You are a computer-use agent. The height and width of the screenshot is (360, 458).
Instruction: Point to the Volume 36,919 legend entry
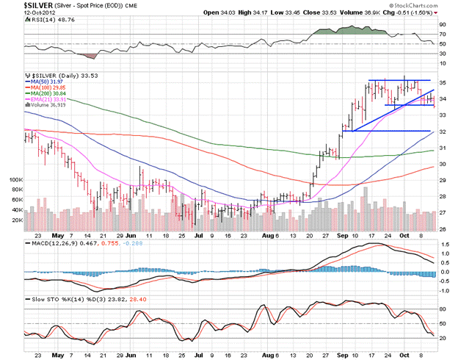coord(48,105)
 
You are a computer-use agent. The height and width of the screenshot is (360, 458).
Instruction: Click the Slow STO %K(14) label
coord(59,300)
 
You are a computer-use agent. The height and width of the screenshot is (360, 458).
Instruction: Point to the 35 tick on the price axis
coord(443,82)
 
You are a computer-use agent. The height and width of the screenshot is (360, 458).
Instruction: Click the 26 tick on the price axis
coord(443,229)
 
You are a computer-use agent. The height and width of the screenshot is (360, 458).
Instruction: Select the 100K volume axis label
coord(15,179)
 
